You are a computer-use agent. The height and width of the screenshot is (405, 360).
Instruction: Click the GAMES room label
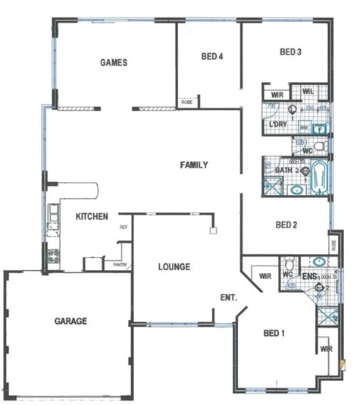[114, 63]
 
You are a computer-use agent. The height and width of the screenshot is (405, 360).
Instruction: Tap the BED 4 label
[212, 56]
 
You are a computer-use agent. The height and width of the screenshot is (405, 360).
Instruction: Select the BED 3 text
[291, 52]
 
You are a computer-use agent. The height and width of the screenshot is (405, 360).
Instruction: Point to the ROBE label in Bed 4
[186, 102]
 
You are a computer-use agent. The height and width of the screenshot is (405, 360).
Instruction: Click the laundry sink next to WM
[319, 127]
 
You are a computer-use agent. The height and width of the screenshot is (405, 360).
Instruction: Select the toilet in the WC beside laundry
[321, 146]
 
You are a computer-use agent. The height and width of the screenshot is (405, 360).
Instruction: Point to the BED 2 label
[286, 224]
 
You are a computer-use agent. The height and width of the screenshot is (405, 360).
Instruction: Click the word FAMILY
[194, 165]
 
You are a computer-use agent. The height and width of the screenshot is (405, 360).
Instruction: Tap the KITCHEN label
[92, 216]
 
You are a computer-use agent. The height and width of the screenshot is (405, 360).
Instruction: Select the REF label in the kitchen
[123, 227]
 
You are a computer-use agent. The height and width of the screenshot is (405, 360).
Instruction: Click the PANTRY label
[119, 265]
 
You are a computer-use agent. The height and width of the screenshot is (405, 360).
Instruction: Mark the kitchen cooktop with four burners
[53, 256]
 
